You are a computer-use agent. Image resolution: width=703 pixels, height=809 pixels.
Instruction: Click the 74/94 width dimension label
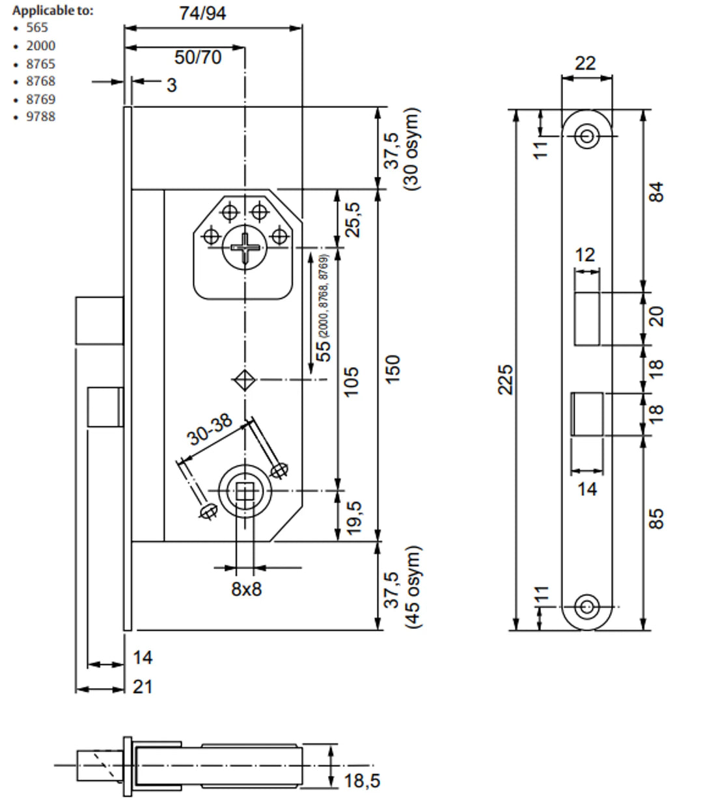pos(203,13)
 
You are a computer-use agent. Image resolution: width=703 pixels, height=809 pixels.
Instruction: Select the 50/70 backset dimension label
pos(198,57)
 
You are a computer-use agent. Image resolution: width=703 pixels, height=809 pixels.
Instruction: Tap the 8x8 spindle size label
pos(246,589)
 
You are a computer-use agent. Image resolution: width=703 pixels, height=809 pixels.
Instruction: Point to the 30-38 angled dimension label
pos(210,429)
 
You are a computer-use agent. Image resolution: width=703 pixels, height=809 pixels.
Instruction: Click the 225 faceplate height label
pos(506,379)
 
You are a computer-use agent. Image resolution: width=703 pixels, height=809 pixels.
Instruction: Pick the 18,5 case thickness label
pos(362,780)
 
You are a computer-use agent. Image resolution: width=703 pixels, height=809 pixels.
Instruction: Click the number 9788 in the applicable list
pos(40,117)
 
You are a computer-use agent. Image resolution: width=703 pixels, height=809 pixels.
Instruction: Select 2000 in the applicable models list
pos(40,46)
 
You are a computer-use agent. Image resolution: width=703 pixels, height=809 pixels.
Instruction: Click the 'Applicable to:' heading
pos(53,10)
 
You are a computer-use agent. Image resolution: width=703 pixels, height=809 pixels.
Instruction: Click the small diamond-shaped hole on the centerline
pos(245,379)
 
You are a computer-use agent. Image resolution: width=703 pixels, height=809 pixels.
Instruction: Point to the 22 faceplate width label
pos(586,63)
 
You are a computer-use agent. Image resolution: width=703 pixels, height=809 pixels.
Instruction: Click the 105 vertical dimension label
pos(350,383)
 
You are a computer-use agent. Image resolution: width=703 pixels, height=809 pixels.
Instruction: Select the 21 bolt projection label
pos(143,686)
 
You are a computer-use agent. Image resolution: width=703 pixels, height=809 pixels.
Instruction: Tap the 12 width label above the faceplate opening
pos(585,254)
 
